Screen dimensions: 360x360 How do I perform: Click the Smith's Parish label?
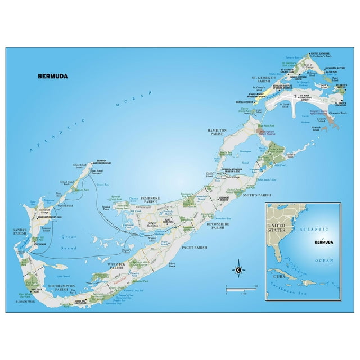coord(256,195)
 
